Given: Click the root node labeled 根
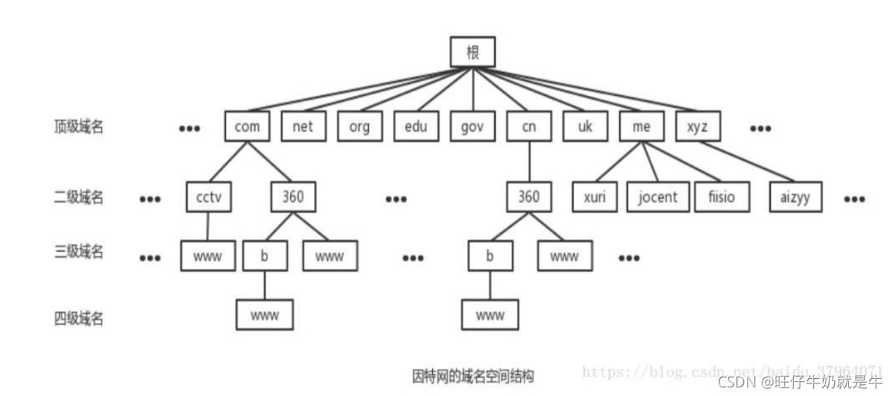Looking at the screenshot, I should (472, 52).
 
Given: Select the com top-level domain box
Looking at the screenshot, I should (247, 127).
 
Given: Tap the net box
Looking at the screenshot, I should (303, 127).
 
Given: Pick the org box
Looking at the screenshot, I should (360, 127).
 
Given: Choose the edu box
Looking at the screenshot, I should (416, 127).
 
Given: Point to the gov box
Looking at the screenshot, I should (472, 127).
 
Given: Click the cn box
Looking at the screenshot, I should (529, 127).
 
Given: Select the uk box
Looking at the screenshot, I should (585, 127).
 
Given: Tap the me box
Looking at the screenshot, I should (642, 127).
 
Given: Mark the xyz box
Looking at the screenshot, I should (698, 127).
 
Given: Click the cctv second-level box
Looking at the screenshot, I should (210, 197).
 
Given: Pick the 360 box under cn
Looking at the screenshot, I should (529, 197).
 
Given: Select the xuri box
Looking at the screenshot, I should (594, 197).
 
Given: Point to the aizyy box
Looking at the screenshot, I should (794, 197).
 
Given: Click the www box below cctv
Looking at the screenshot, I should (208, 256).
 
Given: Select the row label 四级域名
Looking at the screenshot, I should (78, 318).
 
